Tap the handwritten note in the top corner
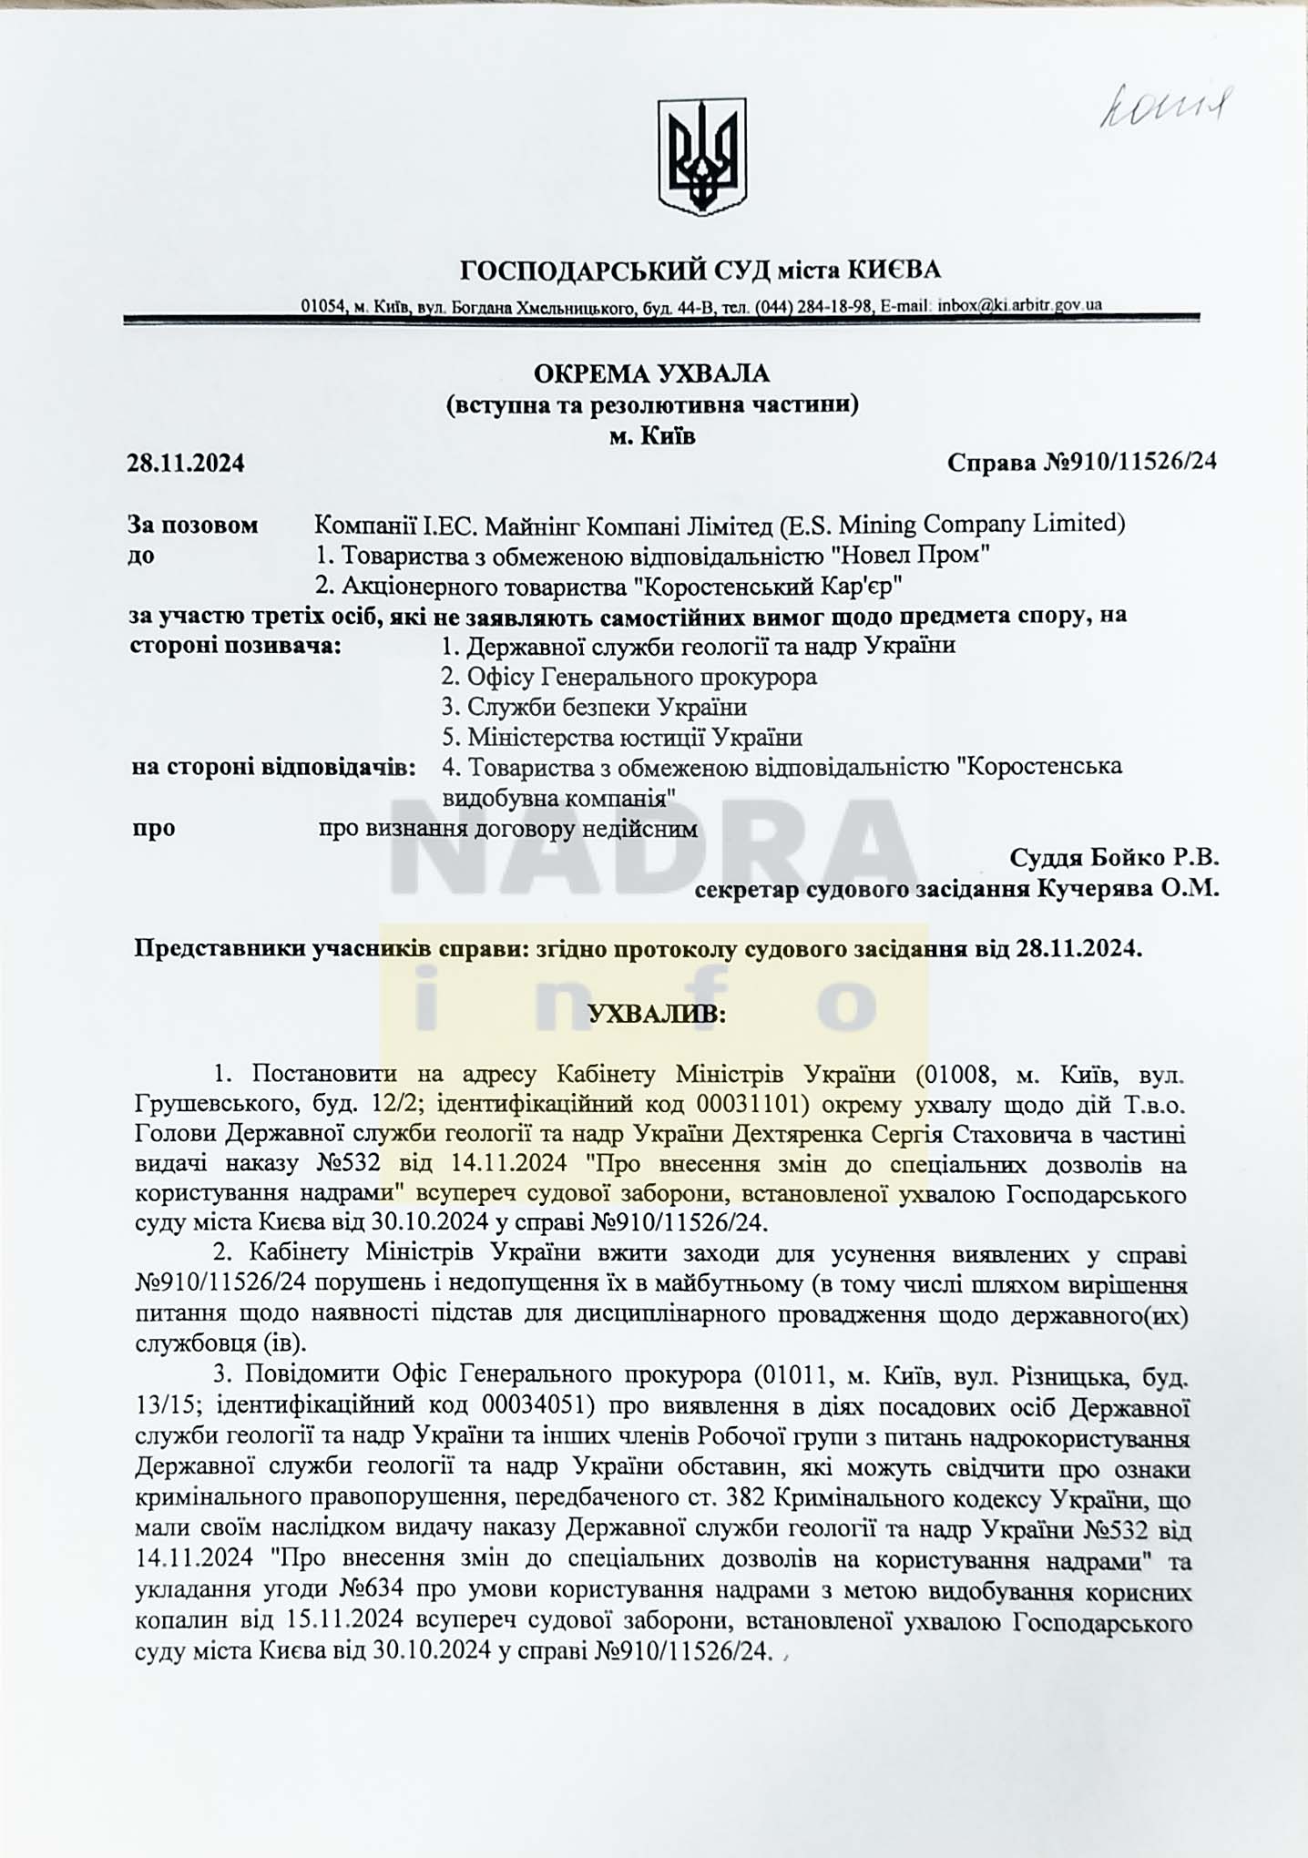[1165, 110]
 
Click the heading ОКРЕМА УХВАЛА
[651, 373]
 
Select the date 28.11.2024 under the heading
[186, 464]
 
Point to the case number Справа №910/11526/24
[1082, 462]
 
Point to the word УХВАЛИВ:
[657, 1014]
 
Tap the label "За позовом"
[193, 525]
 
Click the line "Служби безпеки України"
[607, 707]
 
